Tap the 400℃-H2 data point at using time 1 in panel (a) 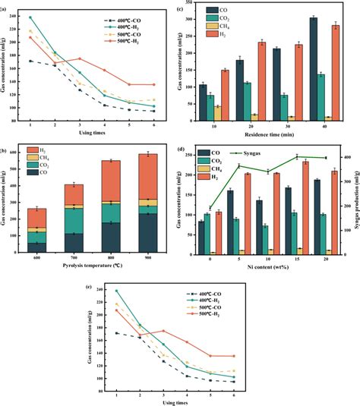coord(30,17)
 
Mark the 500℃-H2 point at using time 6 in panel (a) coord(154,85)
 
